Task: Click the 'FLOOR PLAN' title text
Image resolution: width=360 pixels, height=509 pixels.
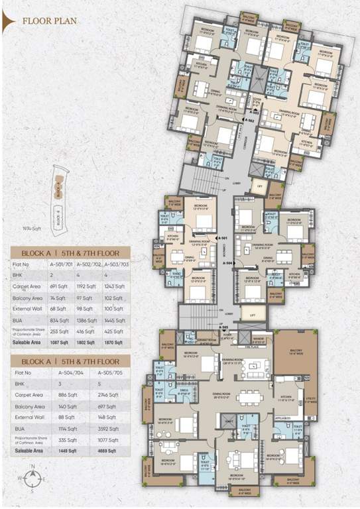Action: tap(50, 21)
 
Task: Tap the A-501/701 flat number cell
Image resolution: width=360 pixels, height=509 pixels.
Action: tap(61, 264)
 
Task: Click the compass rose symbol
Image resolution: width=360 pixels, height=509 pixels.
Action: tap(29, 476)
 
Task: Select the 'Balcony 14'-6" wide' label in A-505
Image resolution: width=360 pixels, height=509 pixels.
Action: tap(295, 355)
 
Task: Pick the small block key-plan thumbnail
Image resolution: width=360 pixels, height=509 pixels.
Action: tap(58, 195)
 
